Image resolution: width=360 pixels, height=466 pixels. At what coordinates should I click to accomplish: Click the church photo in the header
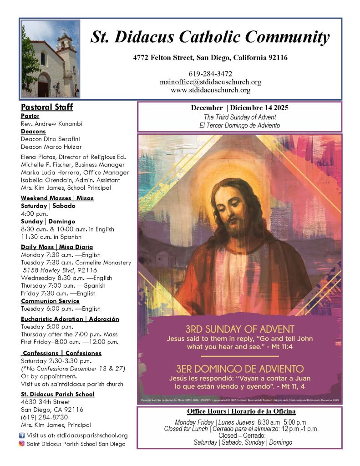click(x=51, y=59)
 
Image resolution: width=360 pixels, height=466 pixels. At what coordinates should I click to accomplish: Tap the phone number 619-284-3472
click(x=210, y=74)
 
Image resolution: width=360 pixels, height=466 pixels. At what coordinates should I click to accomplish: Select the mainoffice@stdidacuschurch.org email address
click(x=210, y=82)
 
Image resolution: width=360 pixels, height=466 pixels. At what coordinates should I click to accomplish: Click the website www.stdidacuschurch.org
click(x=210, y=90)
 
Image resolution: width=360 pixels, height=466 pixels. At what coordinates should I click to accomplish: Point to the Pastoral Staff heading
click(x=47, y=107)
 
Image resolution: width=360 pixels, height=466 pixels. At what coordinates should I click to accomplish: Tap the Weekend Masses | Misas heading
click(x=56, y=198)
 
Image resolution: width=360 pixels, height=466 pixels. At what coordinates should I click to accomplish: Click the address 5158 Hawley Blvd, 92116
click(x=60, y=270)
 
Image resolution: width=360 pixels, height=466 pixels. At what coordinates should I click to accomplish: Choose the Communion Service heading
click(x=50, y=301)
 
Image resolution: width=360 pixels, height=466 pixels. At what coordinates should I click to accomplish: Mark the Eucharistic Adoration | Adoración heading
click(x=70, y=319)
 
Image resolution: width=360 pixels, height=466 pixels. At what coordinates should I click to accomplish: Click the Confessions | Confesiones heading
click(x=62, y=353)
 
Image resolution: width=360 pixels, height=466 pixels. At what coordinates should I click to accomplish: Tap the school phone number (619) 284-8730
click(x=45, y=417)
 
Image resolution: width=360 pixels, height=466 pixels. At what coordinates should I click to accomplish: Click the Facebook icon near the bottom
click(x=21, y=436)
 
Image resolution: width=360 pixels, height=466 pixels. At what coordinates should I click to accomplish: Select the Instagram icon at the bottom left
click(x=21, y=444)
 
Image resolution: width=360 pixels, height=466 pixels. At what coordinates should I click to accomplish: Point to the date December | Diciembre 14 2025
click(x=239, y=108)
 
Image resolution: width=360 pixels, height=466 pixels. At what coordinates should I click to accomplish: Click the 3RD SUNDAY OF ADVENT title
click(x=240, y=329)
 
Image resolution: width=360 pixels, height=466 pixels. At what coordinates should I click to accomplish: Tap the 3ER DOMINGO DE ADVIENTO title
click(x=240, y=368)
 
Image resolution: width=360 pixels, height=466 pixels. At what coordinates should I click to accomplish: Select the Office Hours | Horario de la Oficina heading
click(x=239, y=411)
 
